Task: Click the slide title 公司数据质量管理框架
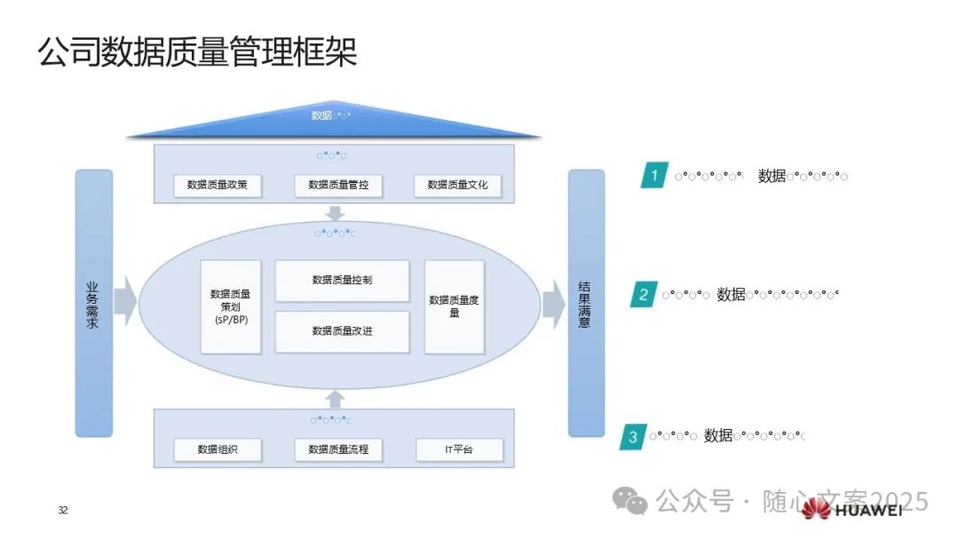[197, 52]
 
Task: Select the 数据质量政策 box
[218, 186]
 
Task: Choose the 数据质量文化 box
[457, 186]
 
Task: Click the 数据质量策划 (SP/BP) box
[231, 306]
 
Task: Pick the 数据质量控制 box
[342, 281]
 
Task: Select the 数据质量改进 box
[342, 331]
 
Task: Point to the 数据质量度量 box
[454, 306]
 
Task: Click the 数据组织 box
[218, 449]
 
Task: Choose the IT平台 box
[459, 449]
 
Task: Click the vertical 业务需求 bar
[93, 304]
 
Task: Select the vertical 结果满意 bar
[585, 304]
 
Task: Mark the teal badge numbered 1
[654, 176]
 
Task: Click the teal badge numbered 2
[644, 295]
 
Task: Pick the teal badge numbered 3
[632, 436]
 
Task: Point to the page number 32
[62, 510]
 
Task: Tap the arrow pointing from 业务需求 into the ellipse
[125, 302]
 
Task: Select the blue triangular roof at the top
[333, 122]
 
